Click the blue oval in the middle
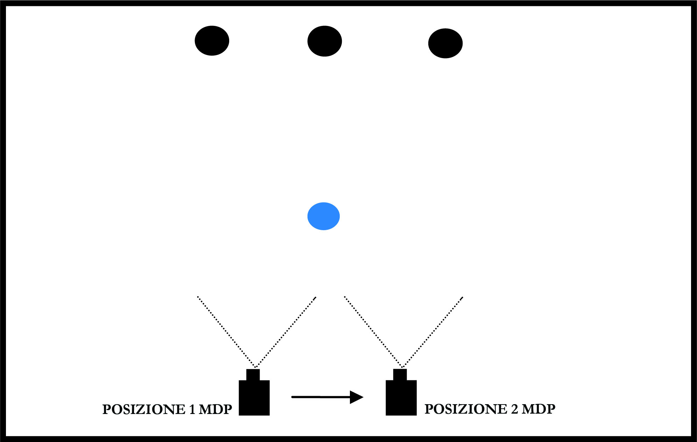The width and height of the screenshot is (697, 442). coord(323,216)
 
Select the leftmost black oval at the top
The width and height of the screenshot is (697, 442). coord(212,41)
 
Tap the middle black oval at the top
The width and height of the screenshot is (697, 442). coord(324,41)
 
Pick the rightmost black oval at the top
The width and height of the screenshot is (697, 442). coord(445,43)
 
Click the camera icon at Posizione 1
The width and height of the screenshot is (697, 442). coord(254,397)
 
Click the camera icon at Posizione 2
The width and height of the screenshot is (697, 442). coord(401,397)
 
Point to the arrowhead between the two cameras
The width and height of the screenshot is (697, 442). coord(356,397)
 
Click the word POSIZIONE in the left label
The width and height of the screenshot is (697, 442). coord(144,409)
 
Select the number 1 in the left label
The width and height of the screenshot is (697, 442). coord(192,409)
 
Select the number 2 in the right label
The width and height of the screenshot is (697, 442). coord(514,409)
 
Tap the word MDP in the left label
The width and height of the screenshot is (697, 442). coord(215,409)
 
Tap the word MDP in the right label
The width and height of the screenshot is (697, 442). coord(538,409)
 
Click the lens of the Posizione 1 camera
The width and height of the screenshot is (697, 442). coord(253,374)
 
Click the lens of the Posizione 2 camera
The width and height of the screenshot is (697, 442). coord(400,374)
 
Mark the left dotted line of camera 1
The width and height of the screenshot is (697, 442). coord(226,331)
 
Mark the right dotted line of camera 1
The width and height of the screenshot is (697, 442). coord(286,331)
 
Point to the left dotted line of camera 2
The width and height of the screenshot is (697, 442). coord(373,331)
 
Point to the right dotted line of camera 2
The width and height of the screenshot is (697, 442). coord(432,331)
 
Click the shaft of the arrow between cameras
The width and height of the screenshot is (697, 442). coord(320,397)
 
